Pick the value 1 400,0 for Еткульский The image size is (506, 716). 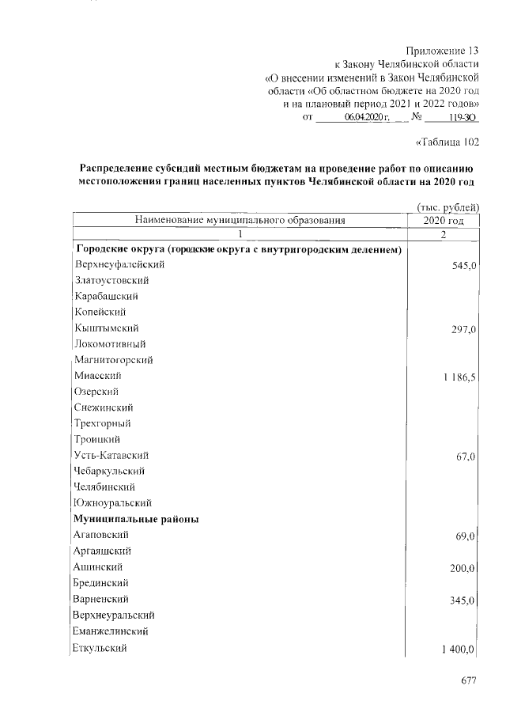(454, 650)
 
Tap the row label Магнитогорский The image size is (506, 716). (114, 360)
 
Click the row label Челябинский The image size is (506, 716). (104, 487)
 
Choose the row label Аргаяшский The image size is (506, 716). (103, 551)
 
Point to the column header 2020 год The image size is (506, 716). (444, 221)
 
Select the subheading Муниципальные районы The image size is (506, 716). (135, 519)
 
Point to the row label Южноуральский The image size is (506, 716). (112, 502)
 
